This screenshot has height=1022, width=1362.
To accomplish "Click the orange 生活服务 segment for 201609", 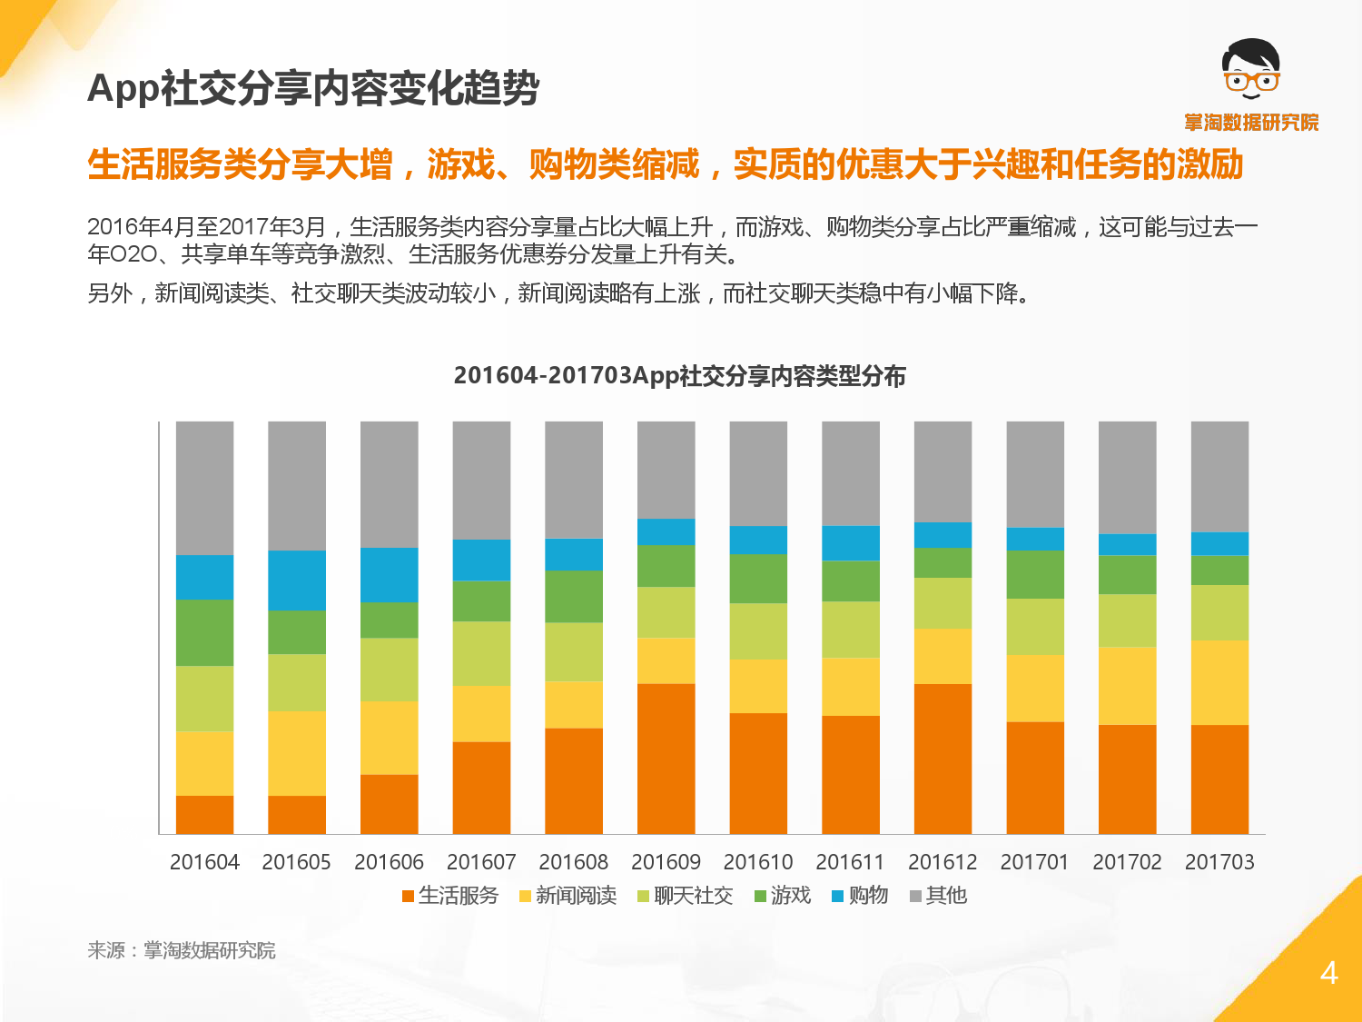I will pos(666,758).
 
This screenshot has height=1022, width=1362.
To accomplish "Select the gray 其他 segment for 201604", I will pos(204,488).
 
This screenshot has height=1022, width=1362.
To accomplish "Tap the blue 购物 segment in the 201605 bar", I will pos(297,580).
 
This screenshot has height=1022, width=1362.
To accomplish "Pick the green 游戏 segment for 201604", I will pos(204,632).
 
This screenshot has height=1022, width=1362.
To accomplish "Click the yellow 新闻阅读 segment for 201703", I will pos(1219,682).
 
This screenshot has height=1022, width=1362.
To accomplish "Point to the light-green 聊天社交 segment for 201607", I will pos(481,653).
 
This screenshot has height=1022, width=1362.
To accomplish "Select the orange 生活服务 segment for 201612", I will pos(943,758).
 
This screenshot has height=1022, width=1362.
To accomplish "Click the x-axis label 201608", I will pos(574,862).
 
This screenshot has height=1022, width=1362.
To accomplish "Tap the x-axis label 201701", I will pos(1035,862).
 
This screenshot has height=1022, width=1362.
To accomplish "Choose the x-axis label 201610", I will pos(758,862).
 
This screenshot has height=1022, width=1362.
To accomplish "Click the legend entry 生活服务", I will pos(450,896).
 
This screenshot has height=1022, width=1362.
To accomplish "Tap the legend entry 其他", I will pos(939,896).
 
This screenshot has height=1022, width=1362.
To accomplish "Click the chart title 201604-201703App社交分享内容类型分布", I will pos(679,376).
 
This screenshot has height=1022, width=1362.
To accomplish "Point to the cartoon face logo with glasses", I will pos(1251,69).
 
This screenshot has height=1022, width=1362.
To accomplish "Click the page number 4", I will pos(1328,973).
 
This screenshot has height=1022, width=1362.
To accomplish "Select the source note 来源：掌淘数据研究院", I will pos(182,950).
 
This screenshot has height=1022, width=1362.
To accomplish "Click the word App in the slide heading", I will pos(123,90).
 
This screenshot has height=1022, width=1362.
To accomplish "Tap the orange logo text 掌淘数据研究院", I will pos(1251,123).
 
